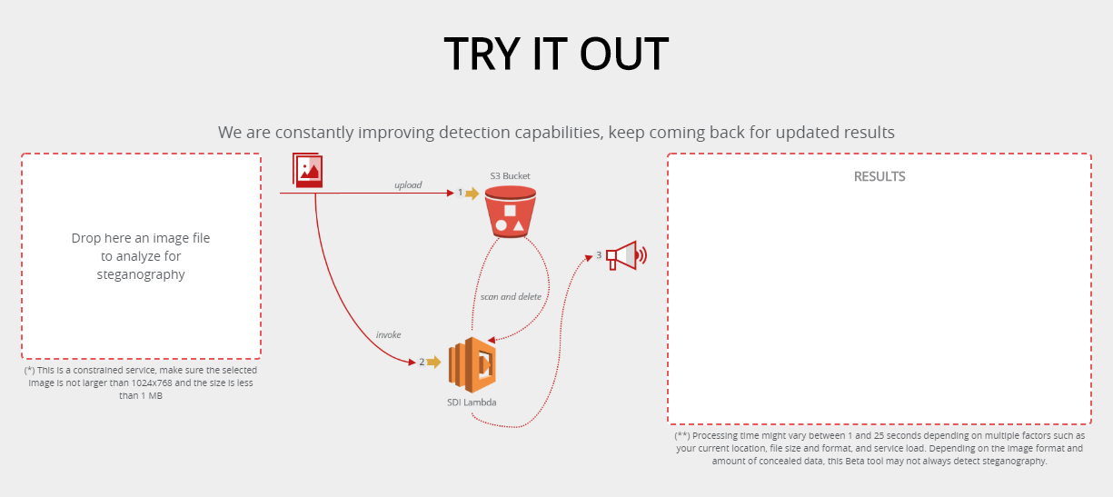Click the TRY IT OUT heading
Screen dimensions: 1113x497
click(556, 54)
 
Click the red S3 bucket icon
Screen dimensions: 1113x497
click(511, 212)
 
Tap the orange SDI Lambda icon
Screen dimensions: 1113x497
click(472, 364)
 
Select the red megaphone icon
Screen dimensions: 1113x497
click(626, 256)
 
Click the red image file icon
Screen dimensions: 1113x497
click(308, 170)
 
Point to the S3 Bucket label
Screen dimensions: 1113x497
click(510, 176)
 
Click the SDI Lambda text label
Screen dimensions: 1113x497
click(472, 403)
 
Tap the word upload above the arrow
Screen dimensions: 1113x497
click(408, 184)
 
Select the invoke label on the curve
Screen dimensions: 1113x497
click(388, 335)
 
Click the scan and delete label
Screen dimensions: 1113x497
click(511, 297)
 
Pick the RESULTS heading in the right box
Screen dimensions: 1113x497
click(879, 176)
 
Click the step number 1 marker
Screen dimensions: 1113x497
click(460, 193)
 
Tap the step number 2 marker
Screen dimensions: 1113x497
click(422, 362)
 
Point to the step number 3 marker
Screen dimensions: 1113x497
click(599, 255)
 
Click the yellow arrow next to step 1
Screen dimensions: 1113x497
click(472, 193)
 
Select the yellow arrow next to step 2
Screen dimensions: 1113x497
click(433, 362)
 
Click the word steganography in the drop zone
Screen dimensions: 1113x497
click(141, 274)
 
